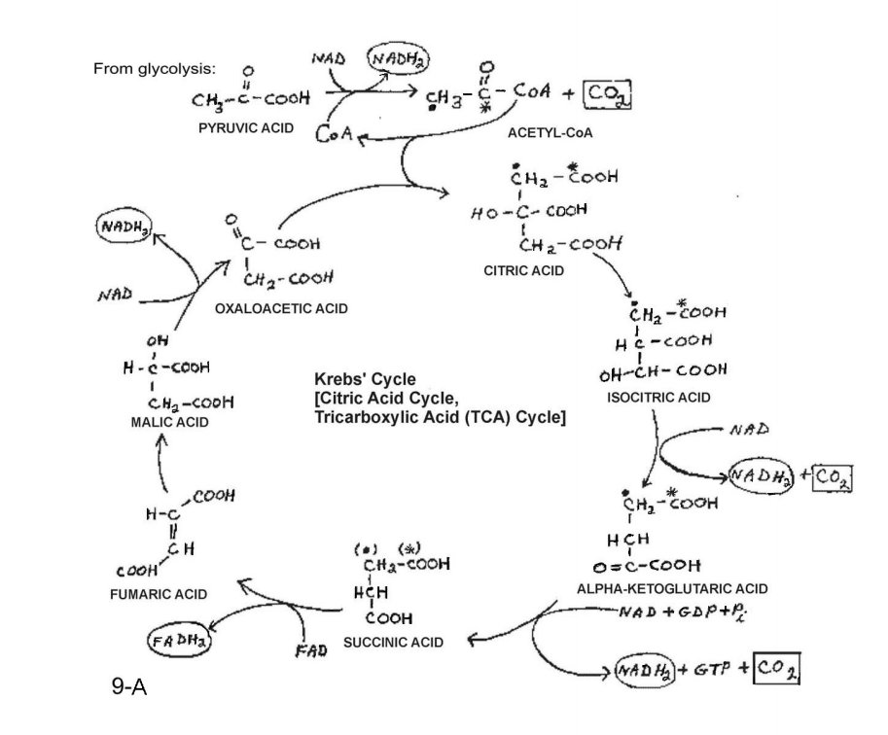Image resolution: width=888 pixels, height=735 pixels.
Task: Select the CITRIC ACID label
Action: tap(524, 271)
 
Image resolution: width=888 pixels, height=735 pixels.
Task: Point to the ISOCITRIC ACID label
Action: tap(658, 398)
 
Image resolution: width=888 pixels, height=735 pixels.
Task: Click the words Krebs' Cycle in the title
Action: tap(365, 378)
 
